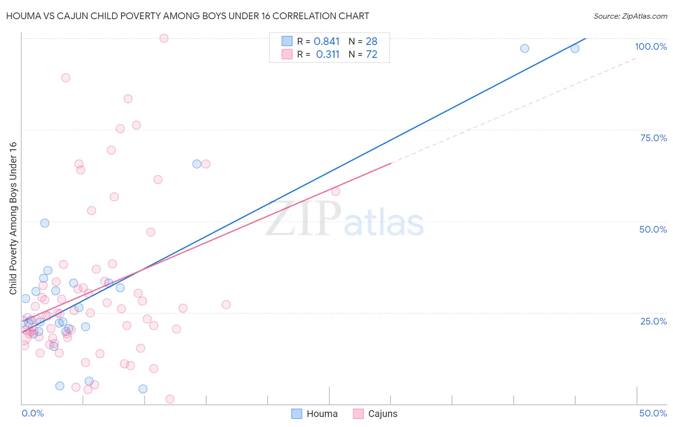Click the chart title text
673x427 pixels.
188,16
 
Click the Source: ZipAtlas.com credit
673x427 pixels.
630,16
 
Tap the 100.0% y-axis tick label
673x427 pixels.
651,46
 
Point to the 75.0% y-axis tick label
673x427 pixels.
653,138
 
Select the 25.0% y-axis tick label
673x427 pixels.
653,321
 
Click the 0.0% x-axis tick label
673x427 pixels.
33,413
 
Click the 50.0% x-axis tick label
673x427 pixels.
653,413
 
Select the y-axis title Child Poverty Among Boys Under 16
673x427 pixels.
13,218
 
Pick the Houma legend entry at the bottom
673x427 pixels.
314,414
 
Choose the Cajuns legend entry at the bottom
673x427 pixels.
375,414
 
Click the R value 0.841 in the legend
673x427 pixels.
326,42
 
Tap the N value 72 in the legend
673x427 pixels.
371,55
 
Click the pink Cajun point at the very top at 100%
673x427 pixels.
164,38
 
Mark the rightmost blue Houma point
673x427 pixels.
575,48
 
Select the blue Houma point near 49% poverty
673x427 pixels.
45,223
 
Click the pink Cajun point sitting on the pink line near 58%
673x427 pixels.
336,191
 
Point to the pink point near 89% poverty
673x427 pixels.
66,78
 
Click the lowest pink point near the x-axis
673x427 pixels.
169,399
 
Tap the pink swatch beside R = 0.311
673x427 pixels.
287,54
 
